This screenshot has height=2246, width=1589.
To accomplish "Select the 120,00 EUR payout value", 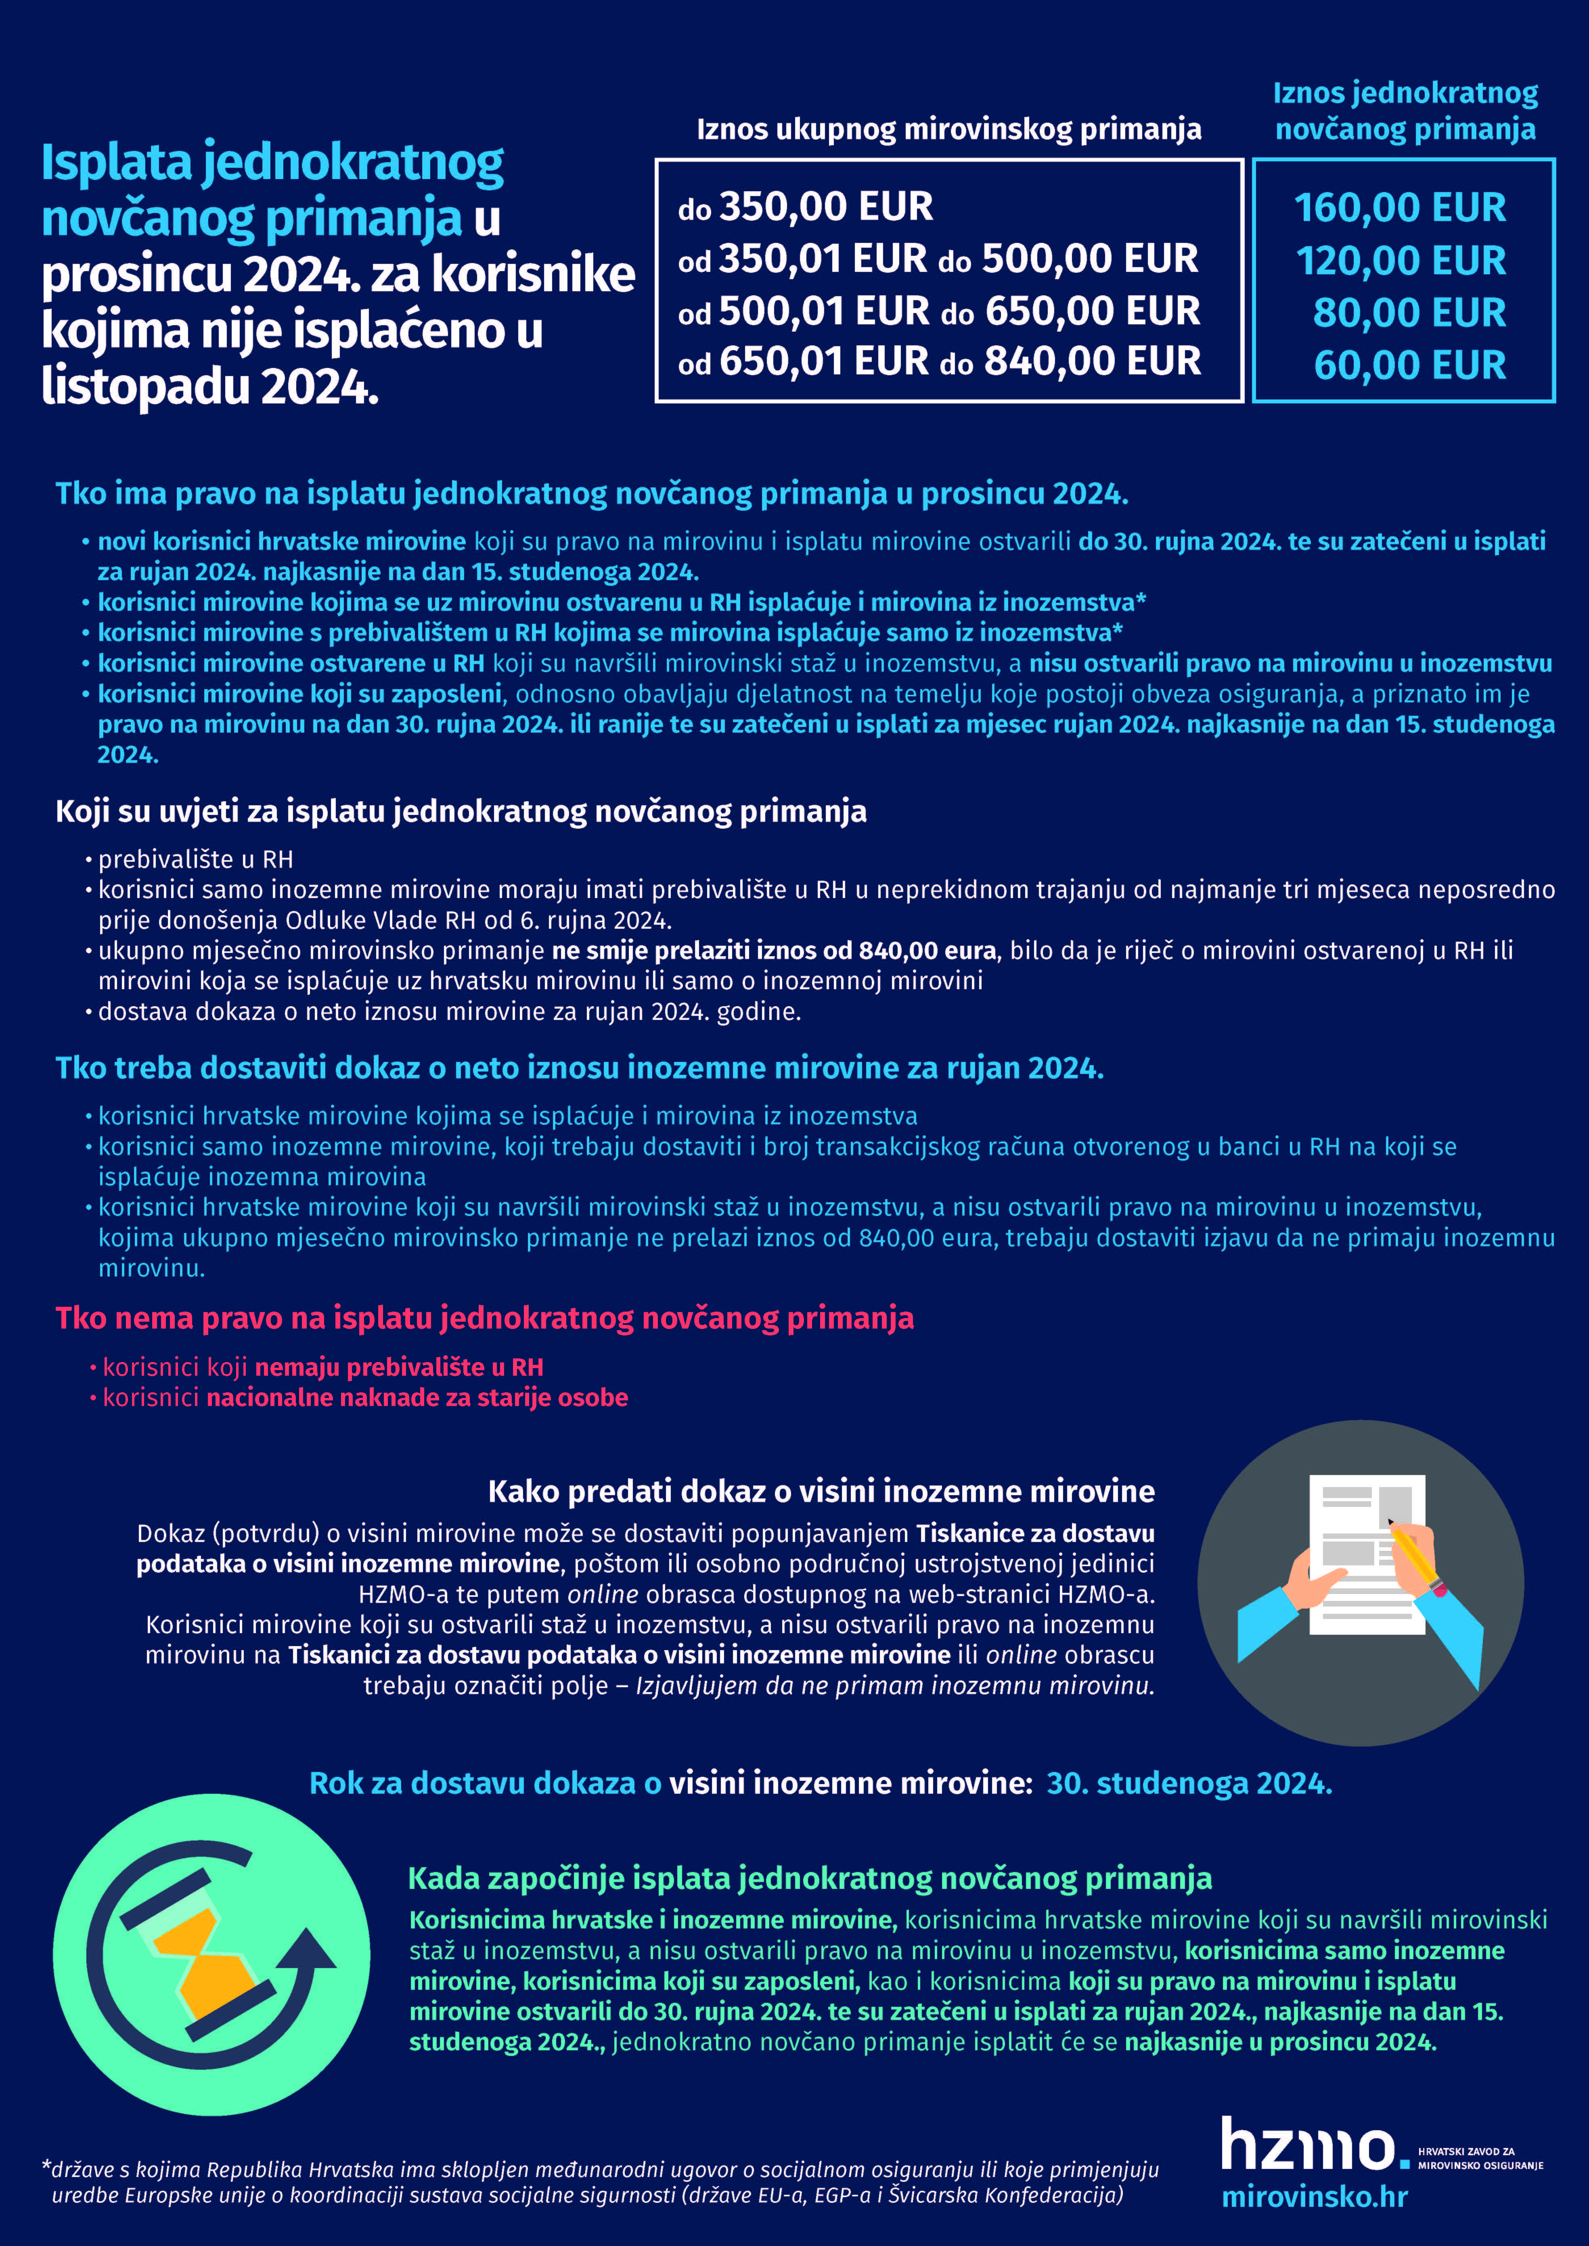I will tap(1401, 261).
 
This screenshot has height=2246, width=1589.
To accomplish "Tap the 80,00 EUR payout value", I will tap(1409, 313).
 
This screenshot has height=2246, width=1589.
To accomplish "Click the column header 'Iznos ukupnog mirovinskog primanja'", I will tap(948, 129).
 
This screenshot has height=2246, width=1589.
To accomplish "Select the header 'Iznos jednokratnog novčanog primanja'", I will tap(1405, 111).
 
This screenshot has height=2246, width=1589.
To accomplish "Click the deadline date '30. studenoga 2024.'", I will tap(1189, 1783).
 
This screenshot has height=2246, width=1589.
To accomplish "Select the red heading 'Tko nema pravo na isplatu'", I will tap(484, 1318).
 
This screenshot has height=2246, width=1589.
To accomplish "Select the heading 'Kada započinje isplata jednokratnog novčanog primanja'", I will tap(809, 1878).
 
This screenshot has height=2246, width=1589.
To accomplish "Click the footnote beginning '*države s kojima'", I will tap(600, 2182).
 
